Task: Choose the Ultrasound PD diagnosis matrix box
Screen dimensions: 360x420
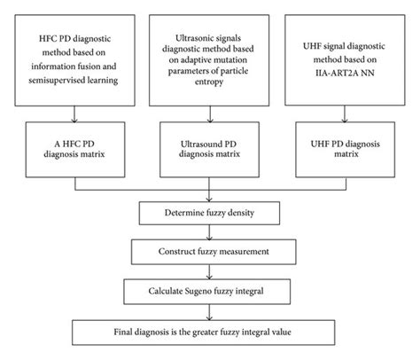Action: click(x=209, y=145)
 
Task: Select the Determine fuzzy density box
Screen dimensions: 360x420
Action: click(x=210, y=213)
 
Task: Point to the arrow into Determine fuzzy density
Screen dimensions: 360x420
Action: click(x=210, y=192)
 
